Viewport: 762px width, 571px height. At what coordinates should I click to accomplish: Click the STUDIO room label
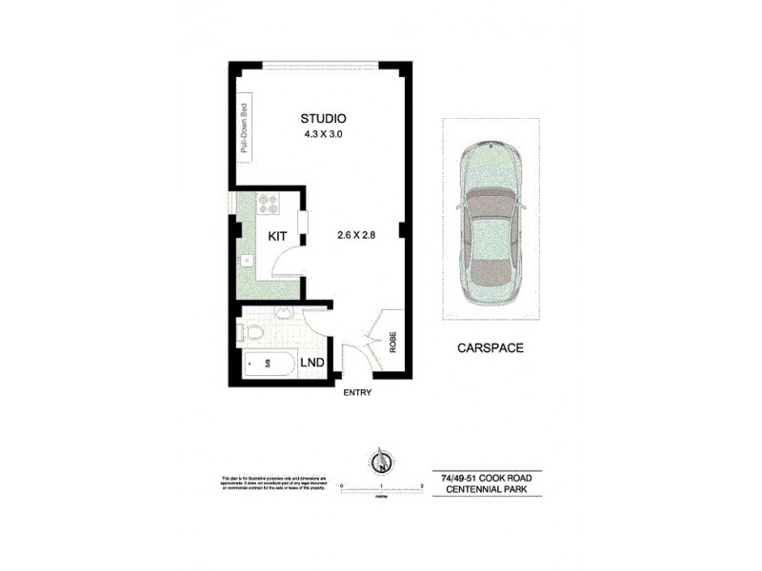[323, 118]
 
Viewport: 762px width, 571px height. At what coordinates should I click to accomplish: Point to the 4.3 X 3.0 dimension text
[322, 134]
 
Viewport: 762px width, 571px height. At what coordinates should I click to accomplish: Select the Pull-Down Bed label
[245, 128]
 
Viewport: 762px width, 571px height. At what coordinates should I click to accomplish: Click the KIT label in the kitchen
[277, 235]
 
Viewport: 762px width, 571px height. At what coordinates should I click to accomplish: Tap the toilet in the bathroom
[251, 332]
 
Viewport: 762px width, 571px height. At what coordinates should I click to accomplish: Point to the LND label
[311, 363]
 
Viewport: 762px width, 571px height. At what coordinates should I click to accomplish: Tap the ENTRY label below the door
[357, 393]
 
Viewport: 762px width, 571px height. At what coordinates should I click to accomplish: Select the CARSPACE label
[489, 348]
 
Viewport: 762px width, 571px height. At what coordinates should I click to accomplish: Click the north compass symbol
[379, 463]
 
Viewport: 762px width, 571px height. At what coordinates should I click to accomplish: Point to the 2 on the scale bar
[420, 485]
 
